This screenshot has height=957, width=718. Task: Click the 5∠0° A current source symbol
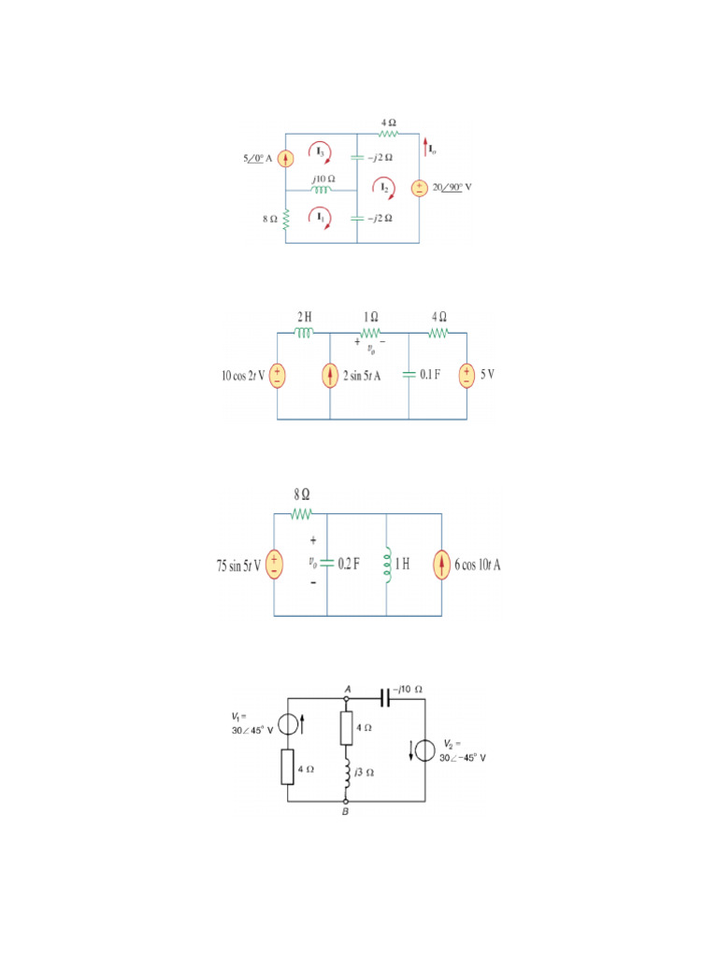[286, 159]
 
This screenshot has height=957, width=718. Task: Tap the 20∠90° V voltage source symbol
[419, 187]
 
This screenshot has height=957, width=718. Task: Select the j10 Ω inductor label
[323, 178]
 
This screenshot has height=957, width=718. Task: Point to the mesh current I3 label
[320, 150]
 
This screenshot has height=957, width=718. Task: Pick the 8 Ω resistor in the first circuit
[286, 219]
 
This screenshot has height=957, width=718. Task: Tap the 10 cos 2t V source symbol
[278, 376]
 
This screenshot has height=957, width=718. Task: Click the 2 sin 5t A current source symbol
[330, 376]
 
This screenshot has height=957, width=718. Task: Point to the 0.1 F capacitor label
[432, 376]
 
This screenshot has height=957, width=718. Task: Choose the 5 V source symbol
[466, 376]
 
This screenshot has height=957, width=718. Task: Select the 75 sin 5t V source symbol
[274, 564]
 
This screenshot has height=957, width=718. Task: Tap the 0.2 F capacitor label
[349, 564]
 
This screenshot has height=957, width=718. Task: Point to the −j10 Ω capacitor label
[409, 689]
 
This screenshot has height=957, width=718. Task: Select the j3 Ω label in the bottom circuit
[366, 772]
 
